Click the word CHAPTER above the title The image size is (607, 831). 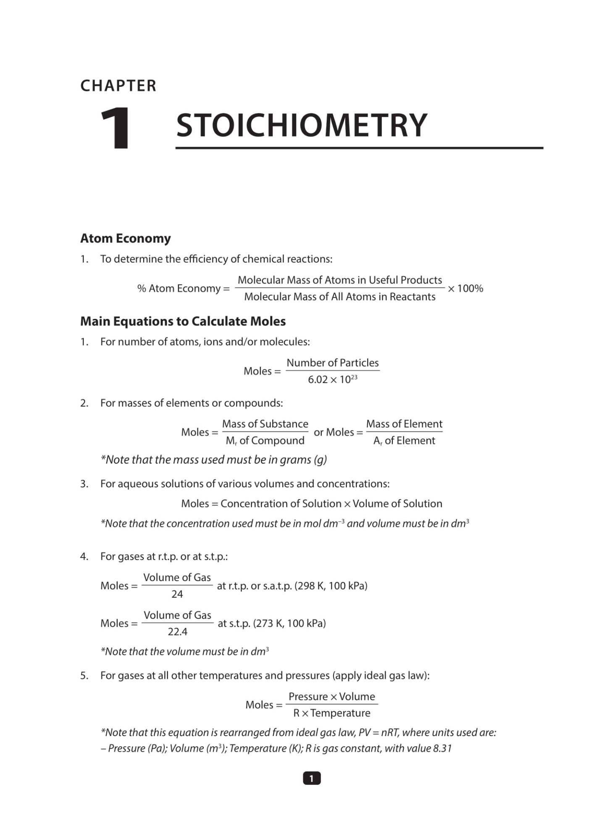118,86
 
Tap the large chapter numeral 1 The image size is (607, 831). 116,128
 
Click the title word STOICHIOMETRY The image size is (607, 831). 301,125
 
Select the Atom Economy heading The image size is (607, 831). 125,238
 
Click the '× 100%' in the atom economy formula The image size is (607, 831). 465,289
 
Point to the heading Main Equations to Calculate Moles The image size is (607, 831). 183,321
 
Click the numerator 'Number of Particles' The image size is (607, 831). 332,363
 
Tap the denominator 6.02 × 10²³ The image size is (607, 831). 332,379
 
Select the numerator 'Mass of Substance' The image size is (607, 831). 265,424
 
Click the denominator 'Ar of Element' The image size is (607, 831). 404,441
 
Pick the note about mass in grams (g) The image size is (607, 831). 213,460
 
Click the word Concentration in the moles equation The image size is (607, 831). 252,504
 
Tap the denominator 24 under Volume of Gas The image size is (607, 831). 177,594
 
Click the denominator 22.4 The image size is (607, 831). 177,631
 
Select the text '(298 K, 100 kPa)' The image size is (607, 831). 331,586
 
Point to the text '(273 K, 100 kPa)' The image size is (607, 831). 289,623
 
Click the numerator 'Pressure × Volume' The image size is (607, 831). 331,697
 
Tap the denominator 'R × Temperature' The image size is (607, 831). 331,713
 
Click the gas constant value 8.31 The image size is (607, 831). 442,748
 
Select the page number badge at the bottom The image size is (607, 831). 311,778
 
